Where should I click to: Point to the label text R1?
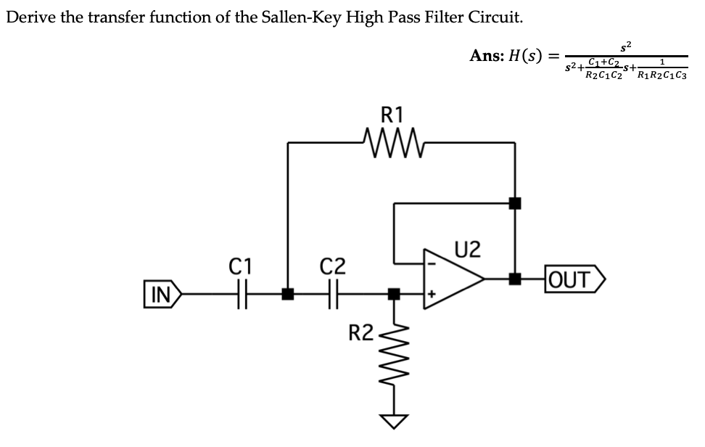click(392, 115)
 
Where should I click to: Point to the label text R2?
click(360, 334)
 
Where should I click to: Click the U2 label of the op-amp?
click(468, 249)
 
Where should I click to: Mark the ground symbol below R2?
click(396, 422)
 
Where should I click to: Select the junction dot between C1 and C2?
click(288, 295)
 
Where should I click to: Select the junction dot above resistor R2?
click(393, 294)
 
